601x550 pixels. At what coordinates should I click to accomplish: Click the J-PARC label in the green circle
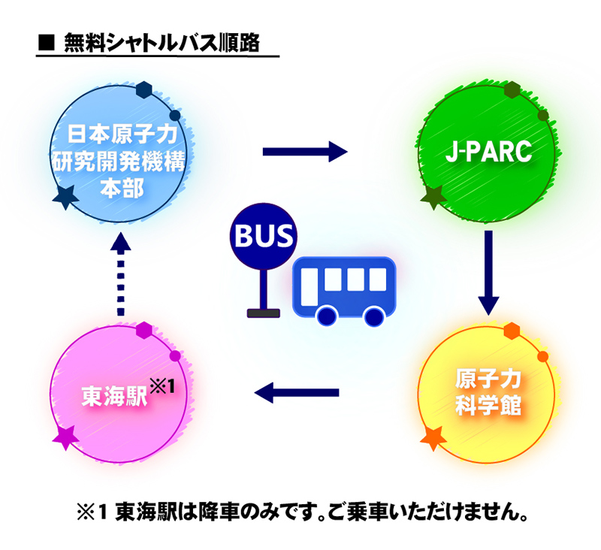click(489, 151)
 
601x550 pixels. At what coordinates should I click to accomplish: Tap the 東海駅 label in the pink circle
click(115, 395)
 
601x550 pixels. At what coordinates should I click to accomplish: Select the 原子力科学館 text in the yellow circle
click(488, 392)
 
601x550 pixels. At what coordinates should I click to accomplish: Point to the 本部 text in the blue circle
click(122, 187)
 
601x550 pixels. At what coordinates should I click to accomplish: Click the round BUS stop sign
click(264, 236)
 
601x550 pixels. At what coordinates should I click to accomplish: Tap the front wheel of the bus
click(327, 316)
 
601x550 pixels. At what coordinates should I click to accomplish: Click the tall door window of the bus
click(310, 287)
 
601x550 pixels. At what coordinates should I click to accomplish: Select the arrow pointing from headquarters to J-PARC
click(305, 152)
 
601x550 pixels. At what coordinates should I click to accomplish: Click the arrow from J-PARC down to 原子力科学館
click(488, 273)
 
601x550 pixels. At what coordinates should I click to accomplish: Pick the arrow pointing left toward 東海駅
click(297, 392)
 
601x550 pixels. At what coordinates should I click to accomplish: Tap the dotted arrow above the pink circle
click(121, 273)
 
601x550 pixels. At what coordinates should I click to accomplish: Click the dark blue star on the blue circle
click(65, 197)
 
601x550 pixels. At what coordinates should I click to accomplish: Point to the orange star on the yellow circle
click(433, 438)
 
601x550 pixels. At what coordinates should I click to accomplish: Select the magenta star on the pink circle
click(65, 438)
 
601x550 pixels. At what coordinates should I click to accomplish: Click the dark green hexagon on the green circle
click(512, 89)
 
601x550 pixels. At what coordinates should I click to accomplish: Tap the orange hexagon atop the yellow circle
click(512, 331)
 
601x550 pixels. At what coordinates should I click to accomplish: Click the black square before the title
click(47, 43)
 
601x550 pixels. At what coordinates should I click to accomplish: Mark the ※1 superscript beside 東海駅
click(162, 385)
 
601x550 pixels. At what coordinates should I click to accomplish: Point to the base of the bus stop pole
click(264, 313)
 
